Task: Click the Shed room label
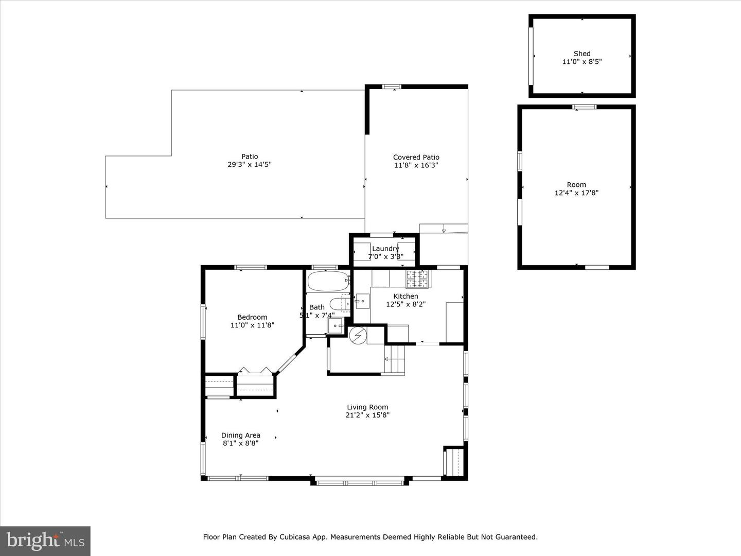click(x=582, y=54)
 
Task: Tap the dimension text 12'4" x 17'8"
click(x=576, y=193)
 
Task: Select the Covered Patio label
click(x=416, y=157)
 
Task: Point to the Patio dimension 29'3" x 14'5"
click(x=250, y=165)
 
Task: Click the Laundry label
click(x=385, y=249)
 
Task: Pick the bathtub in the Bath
click(x=328, y=282)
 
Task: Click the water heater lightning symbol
click(x=357, y=336)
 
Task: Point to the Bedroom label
click(x=252, y=317)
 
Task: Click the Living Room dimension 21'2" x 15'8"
click(x=367, y=415)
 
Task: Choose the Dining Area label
click(x=241, y=435)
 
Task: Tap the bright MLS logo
click(x=45, y=541)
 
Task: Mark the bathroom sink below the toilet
click(x=335, y=326)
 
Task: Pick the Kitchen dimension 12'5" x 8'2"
click(x=405, y=304)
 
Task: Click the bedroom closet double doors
click(x=255, y=371)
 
